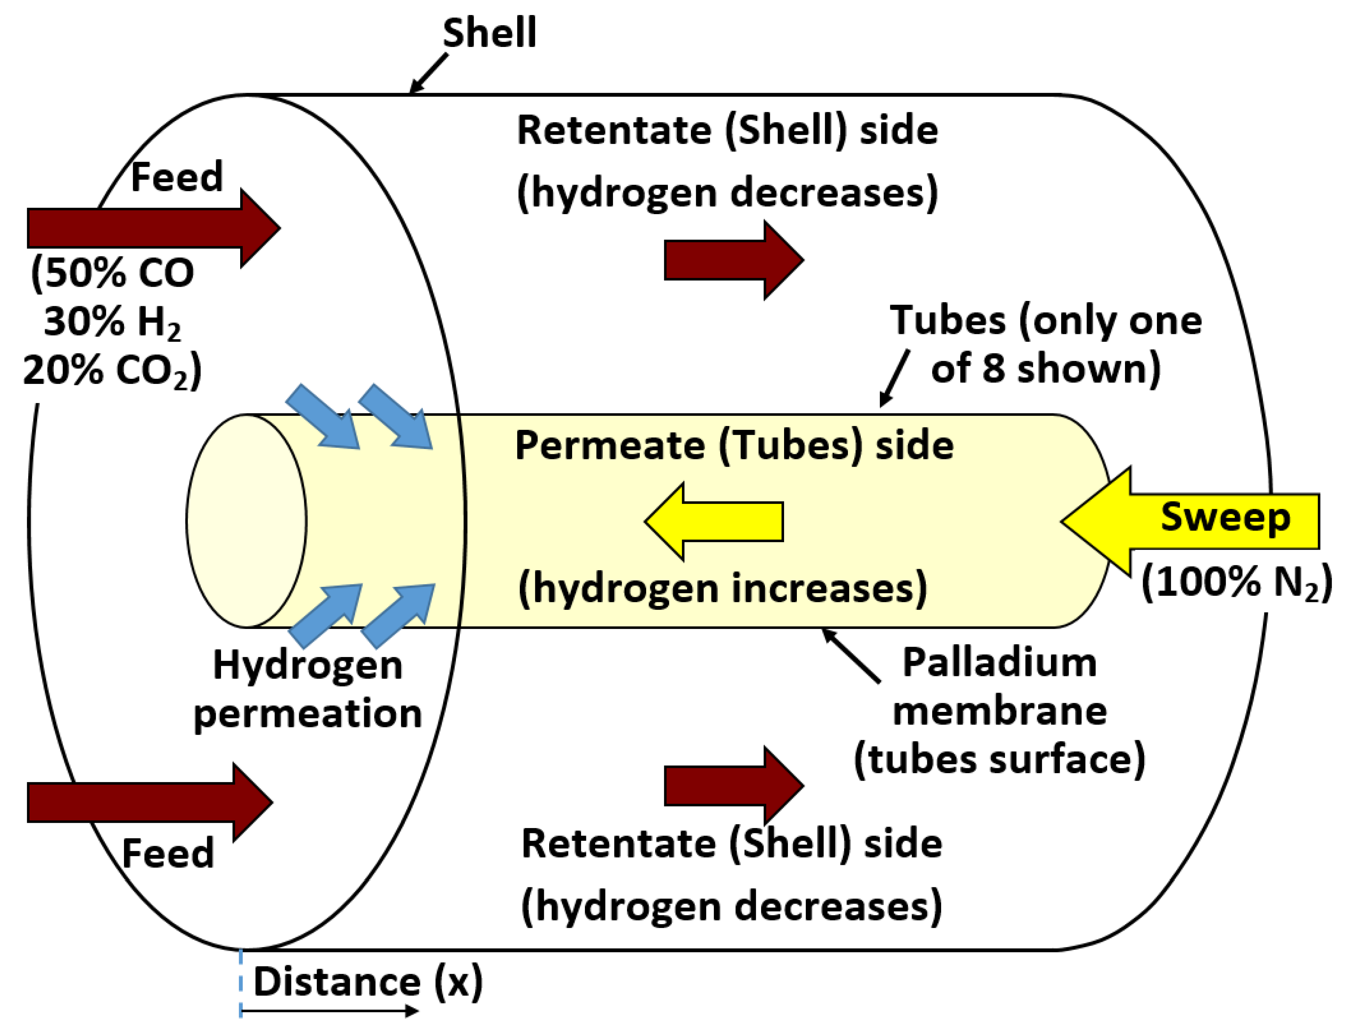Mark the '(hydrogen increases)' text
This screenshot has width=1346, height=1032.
(x=722, y=588)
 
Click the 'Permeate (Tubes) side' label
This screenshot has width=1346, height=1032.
(x=734, y=445)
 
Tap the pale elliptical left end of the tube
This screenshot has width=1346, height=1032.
(x=246, y=521)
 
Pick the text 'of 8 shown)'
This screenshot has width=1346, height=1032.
(x=1045, y=369)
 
